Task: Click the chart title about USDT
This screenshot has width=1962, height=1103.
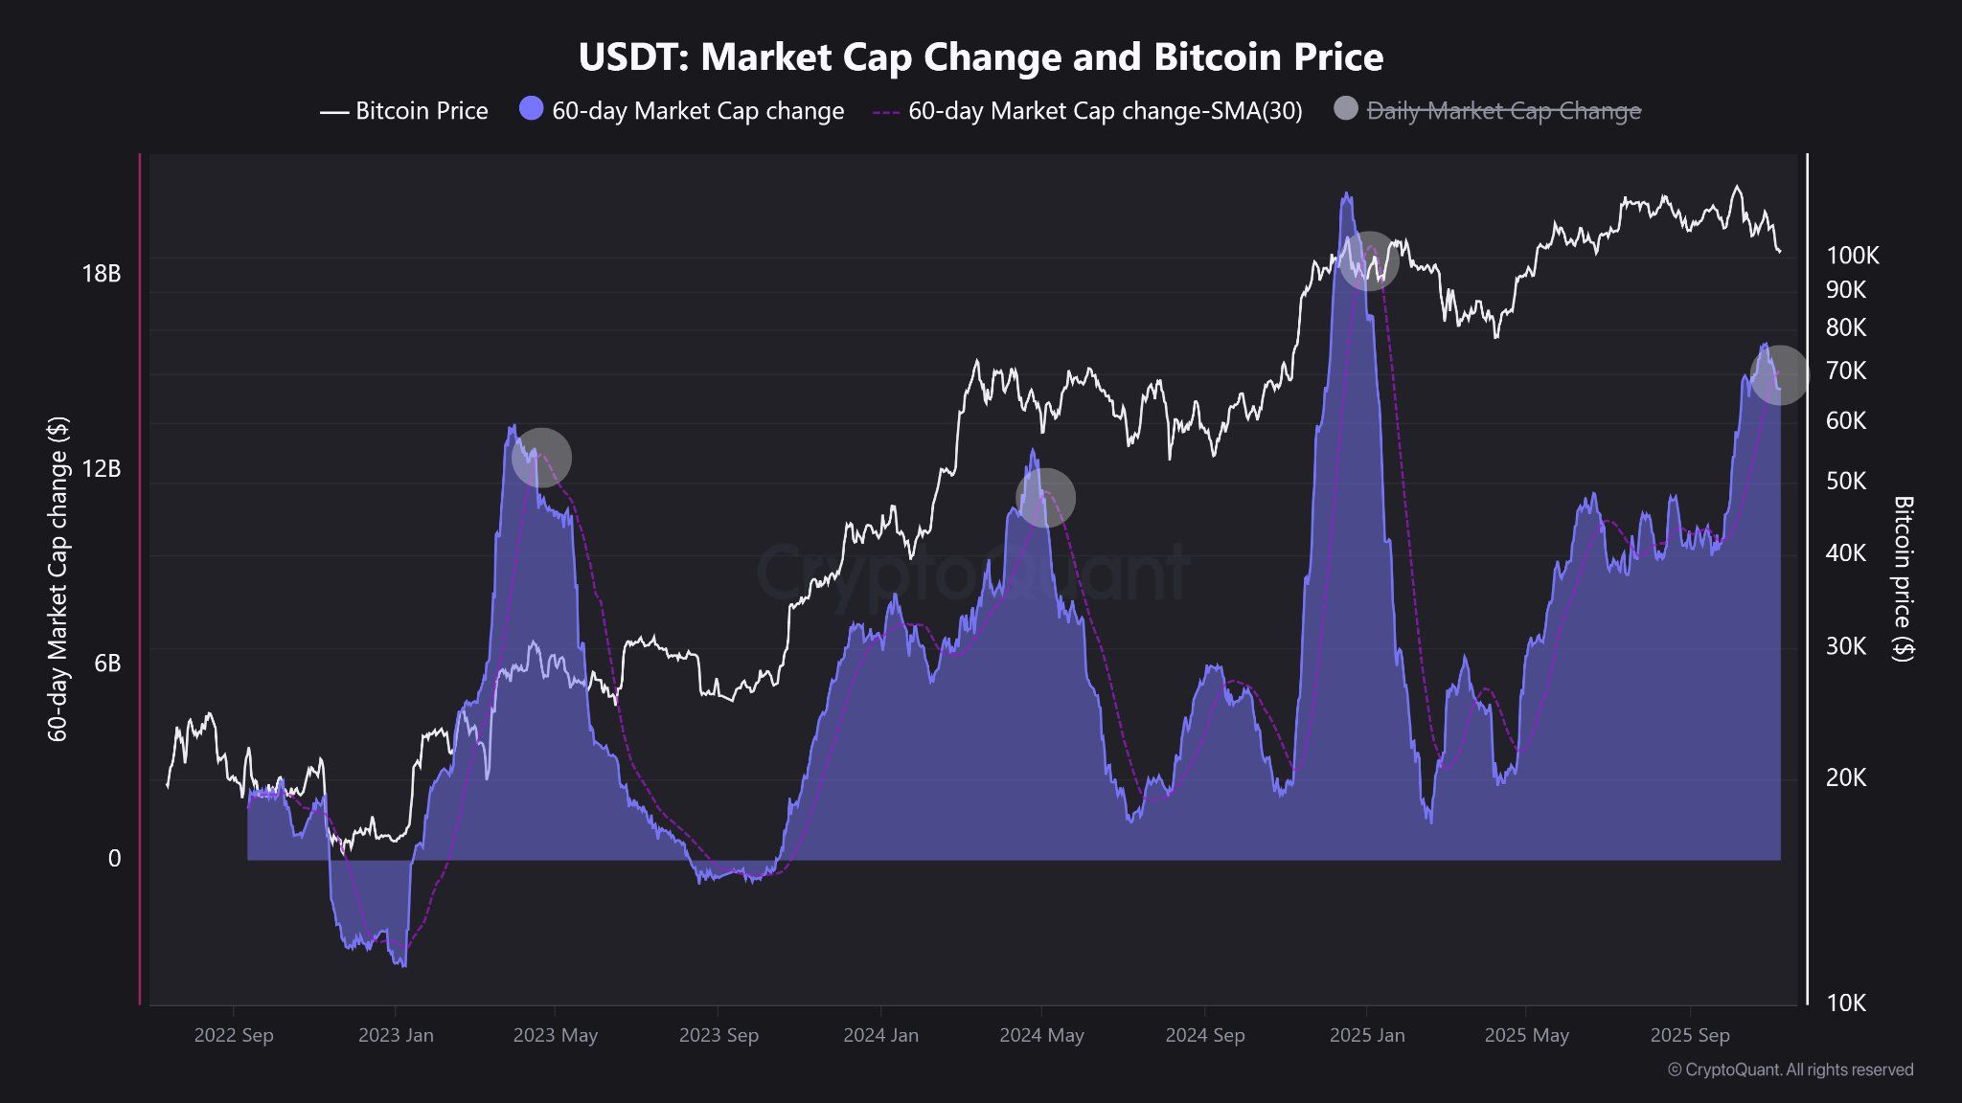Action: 981,57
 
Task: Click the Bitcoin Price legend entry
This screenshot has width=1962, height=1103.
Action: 404,111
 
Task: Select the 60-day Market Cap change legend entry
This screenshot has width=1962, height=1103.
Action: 682,111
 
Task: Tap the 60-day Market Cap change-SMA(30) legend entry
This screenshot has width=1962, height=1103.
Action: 1088,111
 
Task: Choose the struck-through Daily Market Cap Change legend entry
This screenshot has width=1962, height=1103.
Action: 1488,111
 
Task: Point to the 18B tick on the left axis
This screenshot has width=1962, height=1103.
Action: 102,274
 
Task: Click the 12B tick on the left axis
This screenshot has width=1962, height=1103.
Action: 102,468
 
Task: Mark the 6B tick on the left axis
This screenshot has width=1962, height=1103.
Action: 107,663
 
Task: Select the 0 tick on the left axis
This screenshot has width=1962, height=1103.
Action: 114,858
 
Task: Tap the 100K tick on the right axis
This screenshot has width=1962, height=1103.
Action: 1853,256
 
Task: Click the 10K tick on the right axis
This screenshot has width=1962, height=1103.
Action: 1846,1002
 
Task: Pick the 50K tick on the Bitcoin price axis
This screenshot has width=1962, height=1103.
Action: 1846,481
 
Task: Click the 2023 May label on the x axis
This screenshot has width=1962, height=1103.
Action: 555,1035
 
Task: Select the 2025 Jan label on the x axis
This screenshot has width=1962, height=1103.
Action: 1367,1035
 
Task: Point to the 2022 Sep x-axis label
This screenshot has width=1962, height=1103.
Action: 234,1035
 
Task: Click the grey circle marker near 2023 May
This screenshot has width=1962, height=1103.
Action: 541,458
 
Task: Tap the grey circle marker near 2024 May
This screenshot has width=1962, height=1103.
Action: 1045,497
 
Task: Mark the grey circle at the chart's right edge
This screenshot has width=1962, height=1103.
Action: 1779,374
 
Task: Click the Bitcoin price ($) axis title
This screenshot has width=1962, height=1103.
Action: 1903,578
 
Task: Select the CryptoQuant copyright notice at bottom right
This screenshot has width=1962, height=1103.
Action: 1791,1069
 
